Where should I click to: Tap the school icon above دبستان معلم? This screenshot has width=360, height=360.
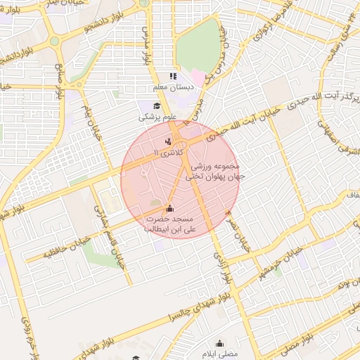pyautogui.click(x=173, y=77)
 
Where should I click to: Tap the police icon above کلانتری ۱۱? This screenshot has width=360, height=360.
pyautogui.click(x=167, y=142)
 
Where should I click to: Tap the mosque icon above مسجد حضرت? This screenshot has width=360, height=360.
pyautogui.click(x=169, y=209)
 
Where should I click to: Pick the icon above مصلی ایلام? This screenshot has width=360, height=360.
pyautogui.click(x=220, y=344)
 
